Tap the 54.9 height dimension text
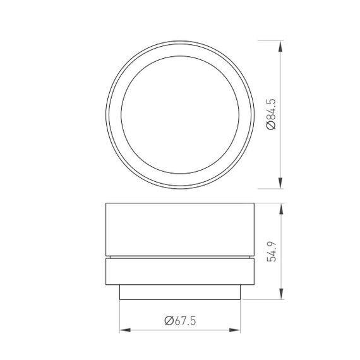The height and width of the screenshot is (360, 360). [271, 252]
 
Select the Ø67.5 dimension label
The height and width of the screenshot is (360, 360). [181, 321]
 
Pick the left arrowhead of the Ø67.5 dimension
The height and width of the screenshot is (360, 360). [124, 330]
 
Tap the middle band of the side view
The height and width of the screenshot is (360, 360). [181, 272]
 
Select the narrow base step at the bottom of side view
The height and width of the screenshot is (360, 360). [181, 293]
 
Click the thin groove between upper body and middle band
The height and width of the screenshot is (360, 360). [181, 258]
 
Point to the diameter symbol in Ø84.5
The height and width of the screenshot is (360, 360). [270, 126]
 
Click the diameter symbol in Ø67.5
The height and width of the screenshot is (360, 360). [169, 321]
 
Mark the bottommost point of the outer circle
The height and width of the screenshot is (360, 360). [181, 188]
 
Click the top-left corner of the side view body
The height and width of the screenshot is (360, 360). [105, 202]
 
